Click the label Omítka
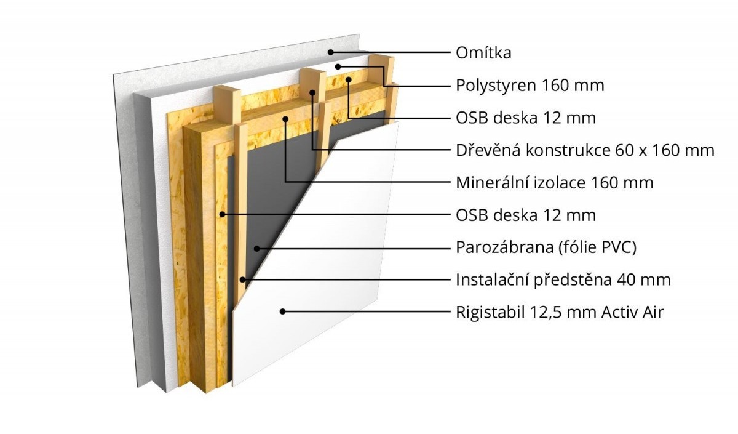(483, 53)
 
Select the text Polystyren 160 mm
(530, 86)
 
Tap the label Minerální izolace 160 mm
(555, 183)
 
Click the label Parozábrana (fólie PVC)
(546, 247)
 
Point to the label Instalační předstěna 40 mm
(563, 280)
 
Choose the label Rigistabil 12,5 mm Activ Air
(560, 312)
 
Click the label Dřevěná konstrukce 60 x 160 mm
(585, 150)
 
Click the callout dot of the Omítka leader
(331, 52)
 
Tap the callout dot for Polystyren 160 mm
(338, 67)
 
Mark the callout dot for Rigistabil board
(282, 311)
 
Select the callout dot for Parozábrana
(257, 248)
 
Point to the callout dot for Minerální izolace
(285, 119)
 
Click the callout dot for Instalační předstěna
(242, 279)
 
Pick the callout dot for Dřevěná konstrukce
(312, 93)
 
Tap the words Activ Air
(632, 312)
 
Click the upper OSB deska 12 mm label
(526, 118)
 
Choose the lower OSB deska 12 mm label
(526, 215)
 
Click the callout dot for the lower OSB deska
(223, 214)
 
